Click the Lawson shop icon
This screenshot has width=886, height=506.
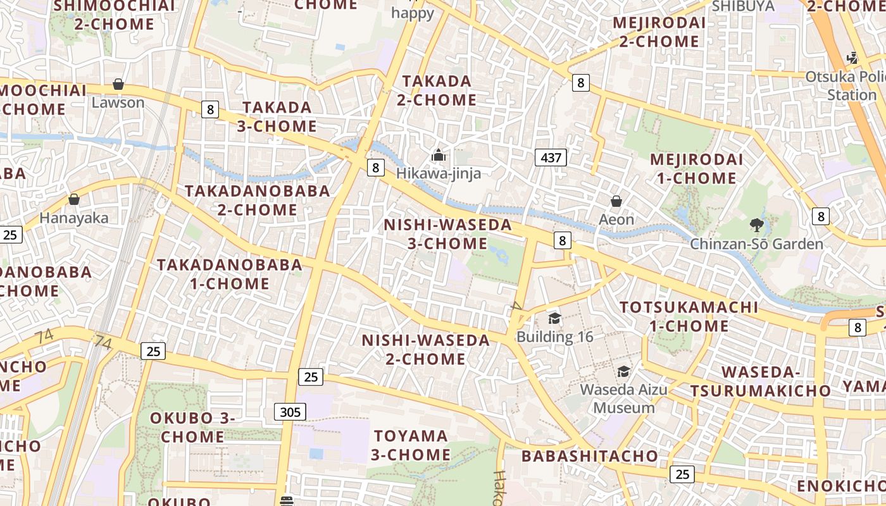pos(118,84)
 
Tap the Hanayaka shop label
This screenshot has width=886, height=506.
pos(74,218)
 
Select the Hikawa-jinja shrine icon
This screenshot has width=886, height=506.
pos(438,155)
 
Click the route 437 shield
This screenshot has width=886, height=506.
pos(551,157)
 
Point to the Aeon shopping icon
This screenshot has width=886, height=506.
pos(616,202)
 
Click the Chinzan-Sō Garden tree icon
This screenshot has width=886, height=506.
pos(756,225)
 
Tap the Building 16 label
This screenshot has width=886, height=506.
pos(555,336)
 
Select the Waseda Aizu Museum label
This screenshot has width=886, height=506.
pos(624,398)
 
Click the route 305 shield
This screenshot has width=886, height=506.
pos(290,412)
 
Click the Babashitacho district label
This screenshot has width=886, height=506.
pos(590,456)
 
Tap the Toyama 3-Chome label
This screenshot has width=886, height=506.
pos(411,445)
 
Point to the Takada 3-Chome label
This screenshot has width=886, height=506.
pos(277,116)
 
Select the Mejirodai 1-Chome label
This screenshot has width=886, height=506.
pos(696,169)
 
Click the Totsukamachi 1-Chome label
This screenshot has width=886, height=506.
pos(689,317)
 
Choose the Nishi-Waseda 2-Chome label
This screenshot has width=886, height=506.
pos(426,350)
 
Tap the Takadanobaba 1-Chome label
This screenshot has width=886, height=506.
pos(230,274)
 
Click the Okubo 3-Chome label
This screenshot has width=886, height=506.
pos(192,428)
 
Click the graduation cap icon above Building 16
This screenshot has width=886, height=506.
pos(555,318)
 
